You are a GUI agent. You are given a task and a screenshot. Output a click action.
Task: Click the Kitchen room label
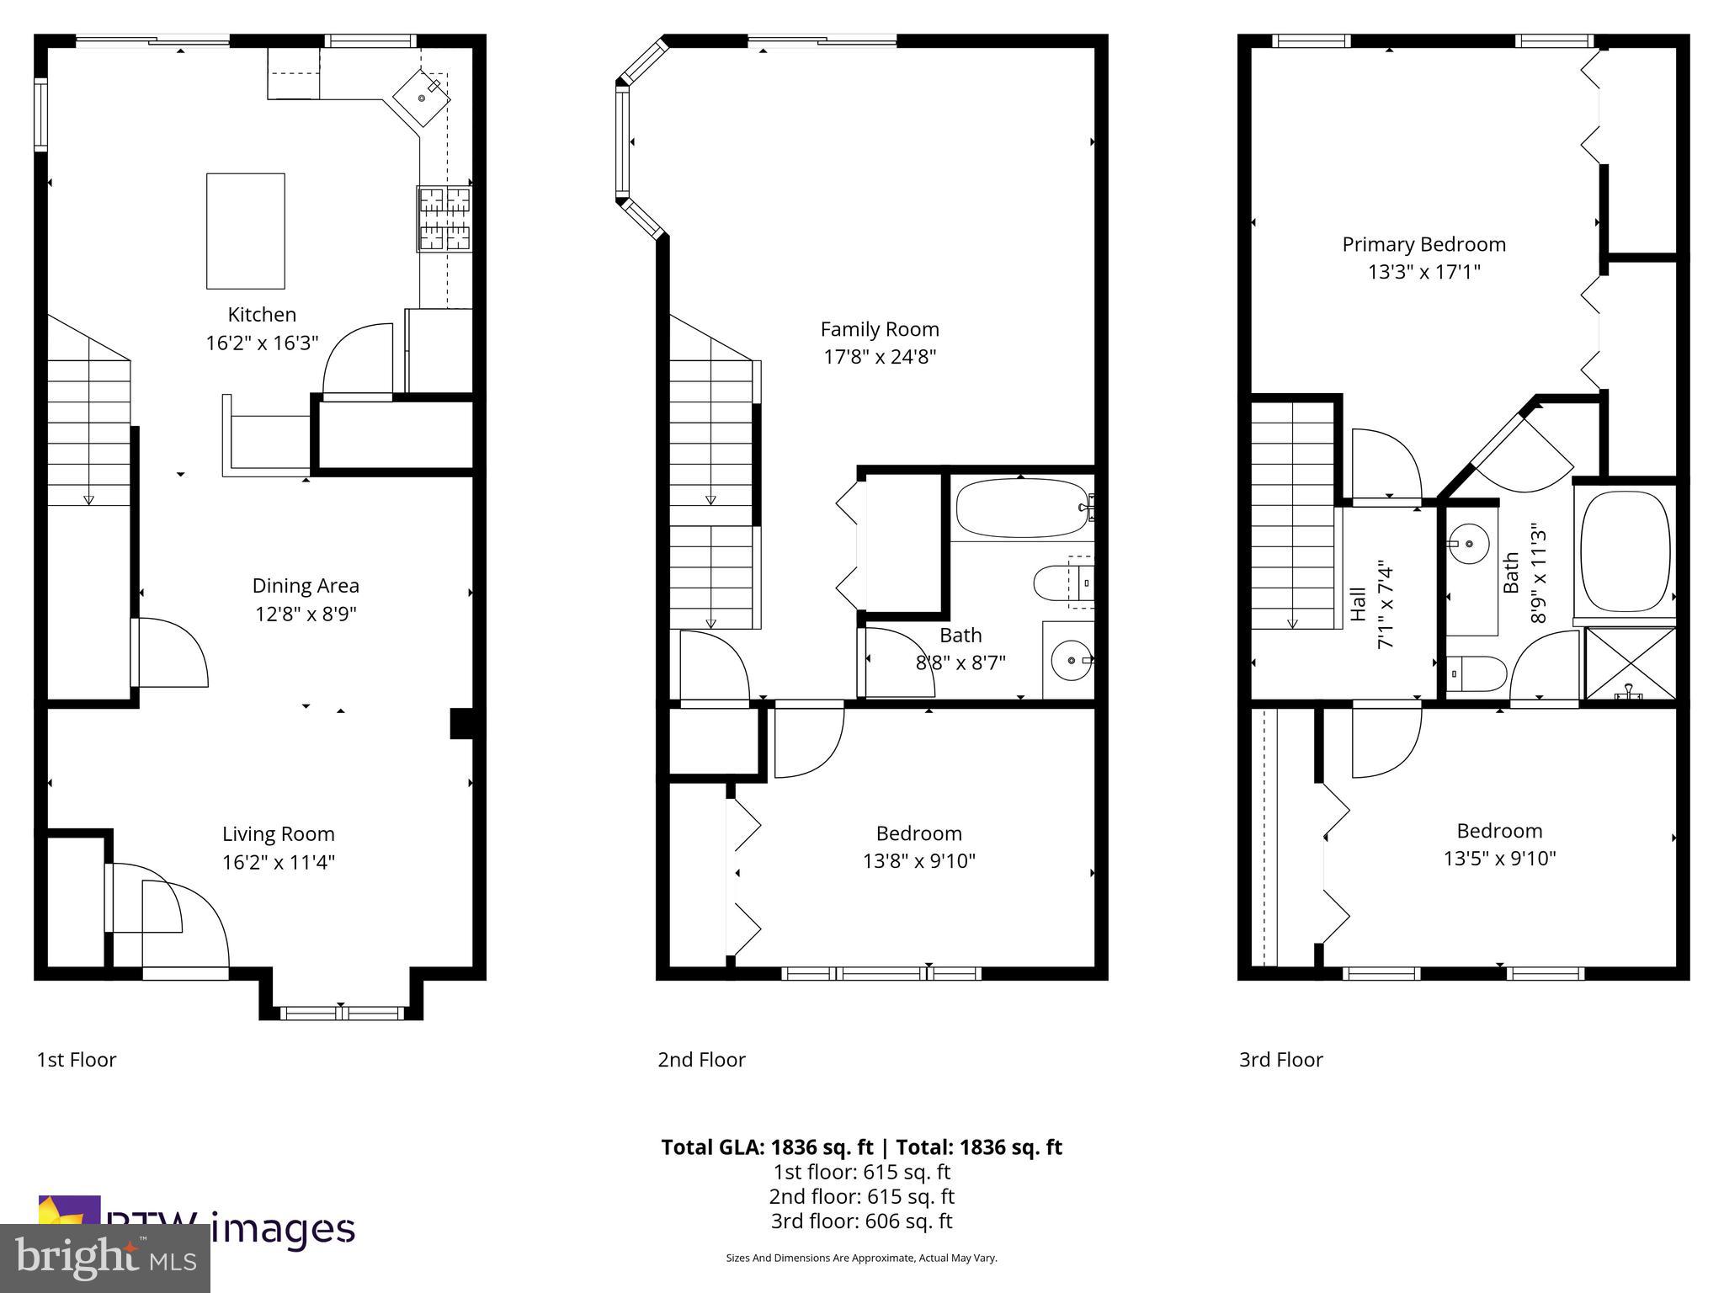262,315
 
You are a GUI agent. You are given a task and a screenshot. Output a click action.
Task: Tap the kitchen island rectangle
246,231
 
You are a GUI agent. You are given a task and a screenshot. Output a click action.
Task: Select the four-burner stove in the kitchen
444,220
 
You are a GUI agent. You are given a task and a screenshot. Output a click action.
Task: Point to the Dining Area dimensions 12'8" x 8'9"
306,614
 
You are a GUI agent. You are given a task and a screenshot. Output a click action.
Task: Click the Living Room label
279,834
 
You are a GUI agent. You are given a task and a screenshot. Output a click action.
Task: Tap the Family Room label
880,329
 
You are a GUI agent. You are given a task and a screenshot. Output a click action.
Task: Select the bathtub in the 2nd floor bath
1023,508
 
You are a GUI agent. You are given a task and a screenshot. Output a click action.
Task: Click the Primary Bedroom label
1423,245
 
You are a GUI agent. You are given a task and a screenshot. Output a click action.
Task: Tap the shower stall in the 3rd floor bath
1631,663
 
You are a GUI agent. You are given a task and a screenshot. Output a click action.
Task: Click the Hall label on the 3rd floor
1358,604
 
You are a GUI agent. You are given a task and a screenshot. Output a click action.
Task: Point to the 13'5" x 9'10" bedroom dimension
1499,859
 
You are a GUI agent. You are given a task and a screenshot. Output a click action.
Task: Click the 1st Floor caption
77,1060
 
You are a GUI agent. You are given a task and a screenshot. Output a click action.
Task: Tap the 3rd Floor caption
1280,1060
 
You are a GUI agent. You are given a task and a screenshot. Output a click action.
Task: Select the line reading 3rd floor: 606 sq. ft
861,1221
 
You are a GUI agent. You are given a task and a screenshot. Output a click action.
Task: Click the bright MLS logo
105,1258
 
